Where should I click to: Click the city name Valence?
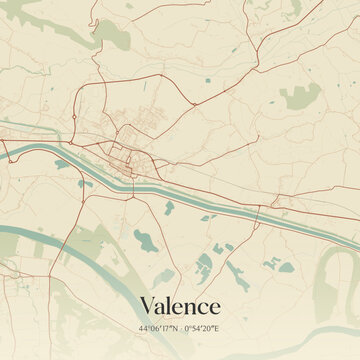pos(180,304)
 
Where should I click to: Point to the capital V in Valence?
pos(148,304)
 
